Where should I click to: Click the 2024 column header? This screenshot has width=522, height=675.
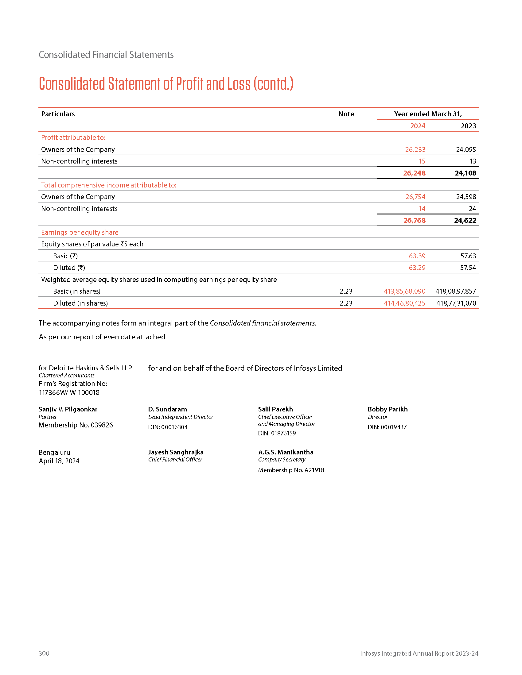pos(418,126)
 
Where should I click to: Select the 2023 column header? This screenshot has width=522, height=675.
pos(468,126)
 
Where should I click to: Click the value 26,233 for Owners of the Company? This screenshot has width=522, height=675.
pos(415,150)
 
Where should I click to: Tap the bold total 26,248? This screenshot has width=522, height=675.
pos(414,173)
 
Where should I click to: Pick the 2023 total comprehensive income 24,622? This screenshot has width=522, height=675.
pos(465,220)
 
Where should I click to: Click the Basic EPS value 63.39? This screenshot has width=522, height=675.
pos(417,256)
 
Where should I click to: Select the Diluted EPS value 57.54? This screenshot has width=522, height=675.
pos(468,268)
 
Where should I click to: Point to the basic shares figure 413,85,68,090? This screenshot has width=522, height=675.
pos(404,291)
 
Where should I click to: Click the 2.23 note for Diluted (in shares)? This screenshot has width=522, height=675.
pos(346,303)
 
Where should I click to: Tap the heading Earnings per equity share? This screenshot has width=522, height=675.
pos(80,233)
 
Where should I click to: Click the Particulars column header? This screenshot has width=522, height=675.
pos(58,114)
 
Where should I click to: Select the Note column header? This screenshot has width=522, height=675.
pos(346,114)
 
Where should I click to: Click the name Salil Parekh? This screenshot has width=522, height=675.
pos(275,409)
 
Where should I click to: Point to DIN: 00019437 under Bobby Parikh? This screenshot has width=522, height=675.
pos(387,427)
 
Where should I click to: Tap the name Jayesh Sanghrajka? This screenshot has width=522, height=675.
pos(176,452)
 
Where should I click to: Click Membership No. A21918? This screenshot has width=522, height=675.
pos(291,470)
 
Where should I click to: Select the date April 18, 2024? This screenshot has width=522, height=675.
pos(59,461)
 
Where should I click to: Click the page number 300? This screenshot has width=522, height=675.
pos(44,653)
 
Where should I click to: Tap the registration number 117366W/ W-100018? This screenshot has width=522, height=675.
pos(69,392)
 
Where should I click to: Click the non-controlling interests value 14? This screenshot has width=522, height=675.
pos(422,209)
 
